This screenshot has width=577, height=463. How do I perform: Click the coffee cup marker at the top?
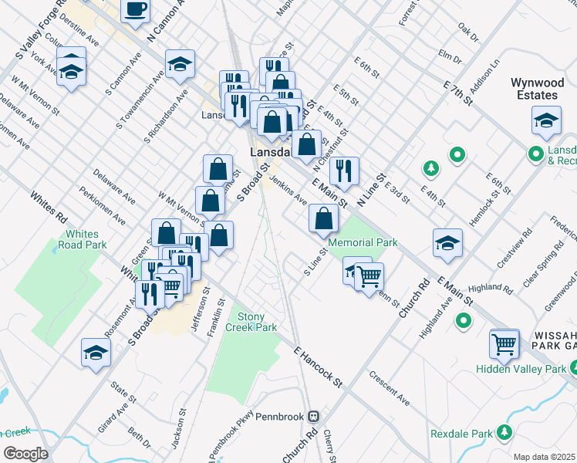pyautogui.click(x=136, y=9)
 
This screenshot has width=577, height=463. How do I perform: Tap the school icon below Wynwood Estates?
pyautogui.click(x=546, y=120)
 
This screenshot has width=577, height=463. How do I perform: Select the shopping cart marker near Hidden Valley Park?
pyautogui.click(x=504, y=343)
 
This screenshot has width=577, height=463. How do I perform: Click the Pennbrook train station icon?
pyautogui.click(x=313, y=416)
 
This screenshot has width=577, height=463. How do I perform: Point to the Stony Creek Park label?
pyautogui.click(x=257, y=322)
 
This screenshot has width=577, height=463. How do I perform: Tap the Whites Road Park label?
pyautogui.click(x=86, y=239)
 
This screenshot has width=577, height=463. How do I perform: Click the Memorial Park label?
pyautogui.click(x=363, y=242)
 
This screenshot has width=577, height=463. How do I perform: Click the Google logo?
pyautogui.click(x=25, y=453)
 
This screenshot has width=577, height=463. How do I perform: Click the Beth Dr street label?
pyautogui.click(x=140, y=437)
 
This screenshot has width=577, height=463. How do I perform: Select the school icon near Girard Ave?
pyautogui.click(x=96, y=353)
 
